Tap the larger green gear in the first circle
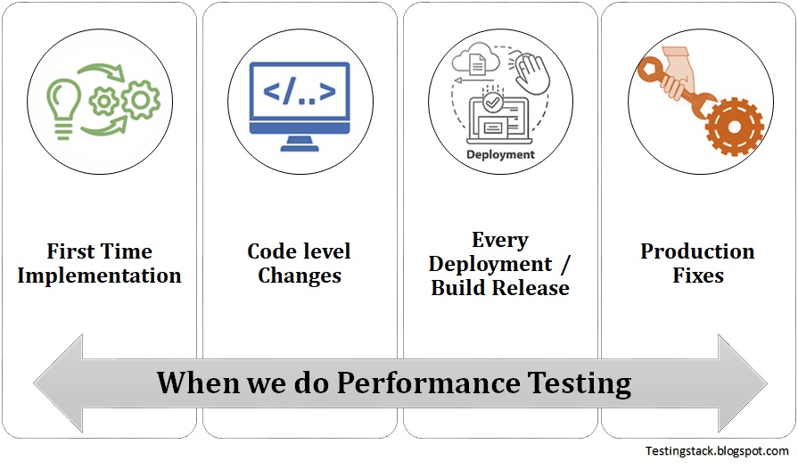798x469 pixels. pos(139,101)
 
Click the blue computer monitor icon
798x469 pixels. pos(299,99)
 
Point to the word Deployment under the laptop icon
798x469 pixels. pos(500,154)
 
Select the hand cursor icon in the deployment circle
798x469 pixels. pos(532,70)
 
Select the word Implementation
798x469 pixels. pos(99,276)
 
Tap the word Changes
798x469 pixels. pos(300,276)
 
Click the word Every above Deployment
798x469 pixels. pos(500,241)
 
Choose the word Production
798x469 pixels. pos(697,251)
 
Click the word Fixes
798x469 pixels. pos(697,276)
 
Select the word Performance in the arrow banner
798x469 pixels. pos(427,383)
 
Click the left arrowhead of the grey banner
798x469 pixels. pos(55,383)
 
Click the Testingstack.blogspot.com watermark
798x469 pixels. pos(717,452)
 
